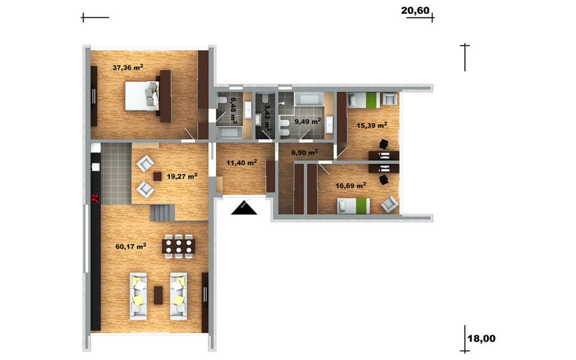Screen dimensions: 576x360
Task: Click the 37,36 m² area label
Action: (x=128, y=67)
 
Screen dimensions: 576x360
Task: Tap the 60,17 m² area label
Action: (x=130, y=246)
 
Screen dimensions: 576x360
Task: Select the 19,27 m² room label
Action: (x=182, y=176)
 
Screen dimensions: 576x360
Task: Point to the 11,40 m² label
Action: (x=241, y=163)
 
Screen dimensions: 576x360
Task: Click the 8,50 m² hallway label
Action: (x=304, y=152)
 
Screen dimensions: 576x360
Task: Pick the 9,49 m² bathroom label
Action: (x=308, y=121)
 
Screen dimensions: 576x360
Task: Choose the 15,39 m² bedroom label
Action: (x=372, y=125)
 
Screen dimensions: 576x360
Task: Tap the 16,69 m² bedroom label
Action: (x=351, y=186)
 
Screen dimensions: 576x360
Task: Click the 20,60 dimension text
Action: (x=415, y=10)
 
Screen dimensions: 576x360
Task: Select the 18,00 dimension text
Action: (x=481, y=339)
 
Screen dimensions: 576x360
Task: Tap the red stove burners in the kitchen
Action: (x=96, y=199)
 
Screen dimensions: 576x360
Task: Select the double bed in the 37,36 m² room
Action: (x=142, y=96)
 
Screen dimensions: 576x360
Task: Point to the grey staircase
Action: (x=162, y=213)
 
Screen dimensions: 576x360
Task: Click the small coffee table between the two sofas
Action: (x=158, y=295)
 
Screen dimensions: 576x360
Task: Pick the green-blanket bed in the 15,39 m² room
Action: (x=364, y=100)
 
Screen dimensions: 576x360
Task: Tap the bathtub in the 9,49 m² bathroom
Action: (x=309, y=99)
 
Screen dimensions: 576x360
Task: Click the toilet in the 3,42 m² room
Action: (x=264, y=100)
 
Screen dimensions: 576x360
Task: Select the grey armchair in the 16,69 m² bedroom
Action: (x=389, y=204)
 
